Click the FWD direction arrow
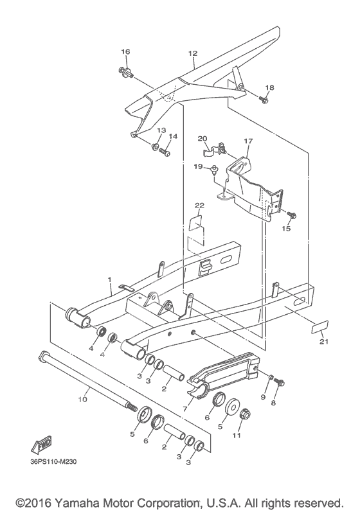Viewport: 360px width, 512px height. click(41, 445)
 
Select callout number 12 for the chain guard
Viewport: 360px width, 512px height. click(193, 53)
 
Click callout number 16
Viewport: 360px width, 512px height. click(125, 51)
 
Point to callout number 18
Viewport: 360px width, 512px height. click(270, 87)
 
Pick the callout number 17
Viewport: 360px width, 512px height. click(248, 141)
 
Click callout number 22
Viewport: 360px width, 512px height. click(199, 206)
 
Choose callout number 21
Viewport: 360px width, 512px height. click(324, 342)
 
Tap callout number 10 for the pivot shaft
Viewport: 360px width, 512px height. click(83, 399)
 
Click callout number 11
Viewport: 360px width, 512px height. click(237, 436)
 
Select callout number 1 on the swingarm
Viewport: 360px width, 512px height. click(110, 279)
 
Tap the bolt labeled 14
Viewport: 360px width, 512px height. click(165, 152)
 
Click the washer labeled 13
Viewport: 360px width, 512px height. click(155, 146)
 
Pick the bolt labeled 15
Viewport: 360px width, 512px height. click(291, 215)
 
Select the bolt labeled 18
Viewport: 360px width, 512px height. click(264, 99)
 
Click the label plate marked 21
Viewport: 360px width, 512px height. click(319, 326)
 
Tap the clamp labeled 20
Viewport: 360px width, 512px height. click(213, 148)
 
